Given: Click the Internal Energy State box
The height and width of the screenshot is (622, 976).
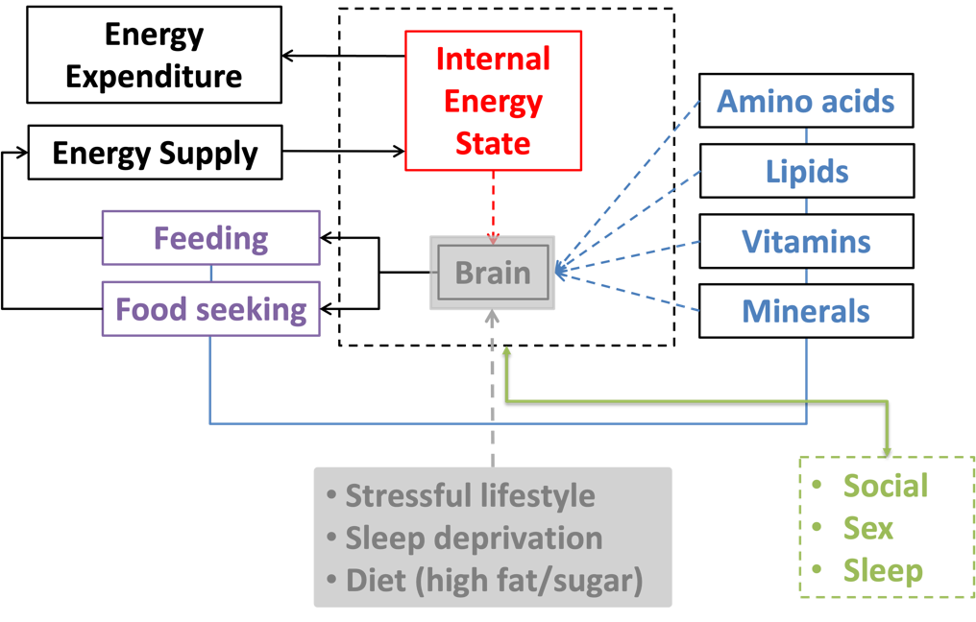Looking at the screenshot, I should (493, 101).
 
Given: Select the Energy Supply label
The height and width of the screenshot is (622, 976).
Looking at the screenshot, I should (155, 153).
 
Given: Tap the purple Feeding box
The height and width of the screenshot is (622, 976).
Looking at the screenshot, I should (211, 238).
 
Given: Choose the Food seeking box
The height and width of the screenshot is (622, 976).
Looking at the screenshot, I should (211, 309).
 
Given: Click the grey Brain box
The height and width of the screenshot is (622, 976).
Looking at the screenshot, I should (493, 273).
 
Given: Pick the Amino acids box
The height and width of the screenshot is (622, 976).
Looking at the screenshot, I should (806, 102).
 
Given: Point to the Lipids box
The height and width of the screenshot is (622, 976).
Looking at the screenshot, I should (806, 172).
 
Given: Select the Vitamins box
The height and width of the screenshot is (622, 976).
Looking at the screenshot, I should (806, 241).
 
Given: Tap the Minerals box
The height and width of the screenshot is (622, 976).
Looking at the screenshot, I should (806, 311).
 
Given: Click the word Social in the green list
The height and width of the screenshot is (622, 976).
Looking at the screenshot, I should (886, 486).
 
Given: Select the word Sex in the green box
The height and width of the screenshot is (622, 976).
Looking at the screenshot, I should (868, 528).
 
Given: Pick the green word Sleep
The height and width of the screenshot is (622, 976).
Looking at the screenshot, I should (883, 570).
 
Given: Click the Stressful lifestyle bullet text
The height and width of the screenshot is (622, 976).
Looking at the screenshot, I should (470, 495).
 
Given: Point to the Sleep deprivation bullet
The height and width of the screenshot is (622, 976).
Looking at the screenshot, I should (474, 538).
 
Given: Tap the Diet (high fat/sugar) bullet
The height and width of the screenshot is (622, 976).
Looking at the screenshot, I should (494, 580).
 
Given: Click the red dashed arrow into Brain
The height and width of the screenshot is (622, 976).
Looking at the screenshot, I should (494, 206).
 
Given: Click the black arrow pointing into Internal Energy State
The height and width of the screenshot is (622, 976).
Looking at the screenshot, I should (375, 151).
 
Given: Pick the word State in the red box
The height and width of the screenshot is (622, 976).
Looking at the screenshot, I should (493, 143).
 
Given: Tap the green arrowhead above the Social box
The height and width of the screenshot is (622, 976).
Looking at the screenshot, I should (887, 449).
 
